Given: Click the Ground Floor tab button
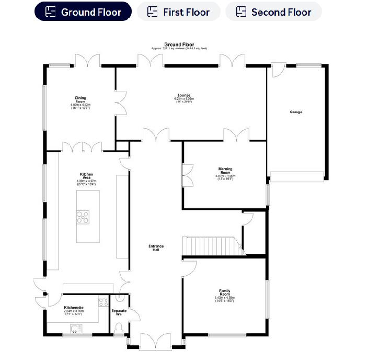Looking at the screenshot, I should pyautogui.click(x=83, y=12).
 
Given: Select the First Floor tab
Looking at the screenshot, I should pyautogui.click(x=178, y=12).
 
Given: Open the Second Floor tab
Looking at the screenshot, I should pyautogui.click(x=273, y=12).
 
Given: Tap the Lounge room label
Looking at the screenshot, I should pyautogui.click(x=184, y=95).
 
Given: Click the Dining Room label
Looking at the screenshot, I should pyautogui.click(x=80, y=99).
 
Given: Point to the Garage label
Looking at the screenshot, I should pyautogui.click(x=296, y=112).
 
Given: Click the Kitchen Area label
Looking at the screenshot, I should pyautogui.click(x=86, y=176).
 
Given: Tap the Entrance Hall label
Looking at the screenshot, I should pyautogui.click(x=156, y=248).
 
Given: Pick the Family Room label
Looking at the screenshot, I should pyautogui.click(x=225, y=292).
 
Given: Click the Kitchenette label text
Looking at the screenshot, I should pyautogui.click(x=74, y=308).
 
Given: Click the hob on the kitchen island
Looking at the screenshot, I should pyautogui.click(x=83, y=216).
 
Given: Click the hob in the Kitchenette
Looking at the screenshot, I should pyautogui.click(x=103, y=301).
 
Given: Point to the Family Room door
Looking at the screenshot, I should pyautogui.click(x=189, y=268).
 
